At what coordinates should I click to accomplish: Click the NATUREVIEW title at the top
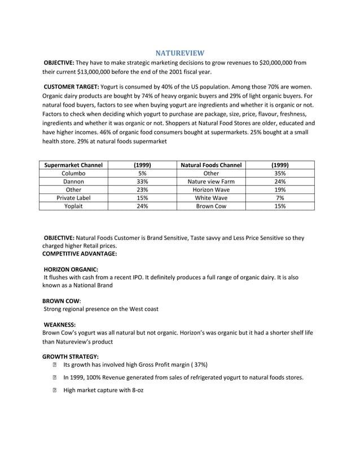(180, 52)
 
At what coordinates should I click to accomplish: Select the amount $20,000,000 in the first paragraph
(278, 63)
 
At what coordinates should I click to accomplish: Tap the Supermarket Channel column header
(73, 165)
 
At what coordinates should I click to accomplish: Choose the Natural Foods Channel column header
(212, 165)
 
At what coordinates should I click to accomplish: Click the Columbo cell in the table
(73, 174)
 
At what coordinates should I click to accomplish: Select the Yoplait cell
(73, 206)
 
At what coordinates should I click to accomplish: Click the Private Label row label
(73, 199)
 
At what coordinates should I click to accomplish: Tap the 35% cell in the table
(280, 174)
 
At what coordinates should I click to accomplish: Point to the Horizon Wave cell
(212, 190)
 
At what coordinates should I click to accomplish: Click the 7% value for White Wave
(280, 199)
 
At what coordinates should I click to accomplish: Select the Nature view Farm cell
(212, 182)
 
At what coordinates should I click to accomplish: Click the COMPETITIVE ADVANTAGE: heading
(80, 254)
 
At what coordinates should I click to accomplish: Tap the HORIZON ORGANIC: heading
(71, 269)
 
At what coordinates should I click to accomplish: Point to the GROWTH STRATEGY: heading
(71, 357)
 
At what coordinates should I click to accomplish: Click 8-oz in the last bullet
(135, 390)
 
